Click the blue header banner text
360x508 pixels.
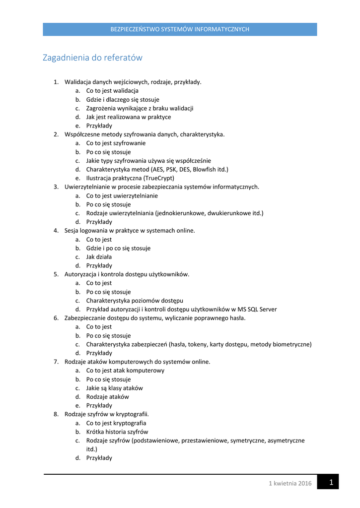coord(180,29)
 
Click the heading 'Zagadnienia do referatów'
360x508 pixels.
coord(92,58)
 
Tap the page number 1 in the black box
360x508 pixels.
coord(331,482)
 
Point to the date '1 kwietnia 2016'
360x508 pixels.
coord(290,484)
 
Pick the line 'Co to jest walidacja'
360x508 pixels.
coord(112,91)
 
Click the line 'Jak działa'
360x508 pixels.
coord(99,257)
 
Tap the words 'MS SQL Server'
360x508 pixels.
coord(256,310)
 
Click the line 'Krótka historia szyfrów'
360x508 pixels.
coord(117,432)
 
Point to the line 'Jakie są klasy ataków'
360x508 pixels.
coord(115,388)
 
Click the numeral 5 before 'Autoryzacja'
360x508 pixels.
coord(56,274)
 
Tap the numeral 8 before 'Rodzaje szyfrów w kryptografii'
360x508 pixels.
coord(56,414)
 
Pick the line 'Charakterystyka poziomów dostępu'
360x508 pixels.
coord(135,301)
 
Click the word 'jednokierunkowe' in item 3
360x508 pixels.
coord(181,213)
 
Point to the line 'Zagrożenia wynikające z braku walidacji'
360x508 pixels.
coord(140,108)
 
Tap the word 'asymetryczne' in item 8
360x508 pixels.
coord(286,441)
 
